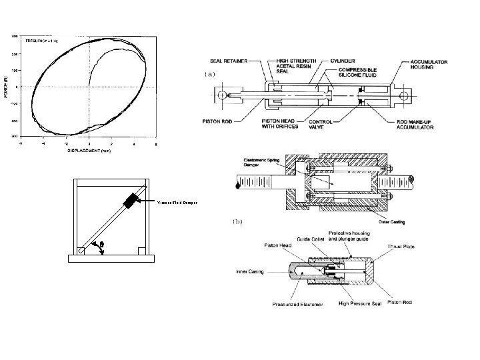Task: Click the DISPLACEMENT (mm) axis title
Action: click(89, 151)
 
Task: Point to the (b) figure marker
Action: click(236, 220)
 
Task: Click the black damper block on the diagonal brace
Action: click(130, 199)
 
